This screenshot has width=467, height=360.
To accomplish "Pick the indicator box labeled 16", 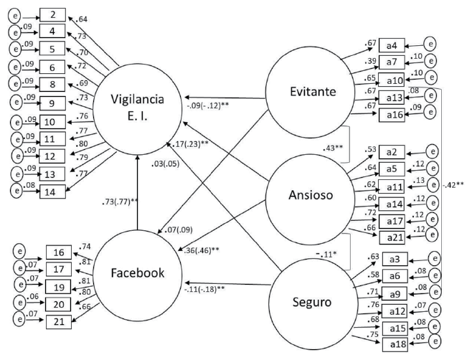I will tap(60, 252).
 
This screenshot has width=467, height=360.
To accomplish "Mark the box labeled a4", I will tap(391, 44).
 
